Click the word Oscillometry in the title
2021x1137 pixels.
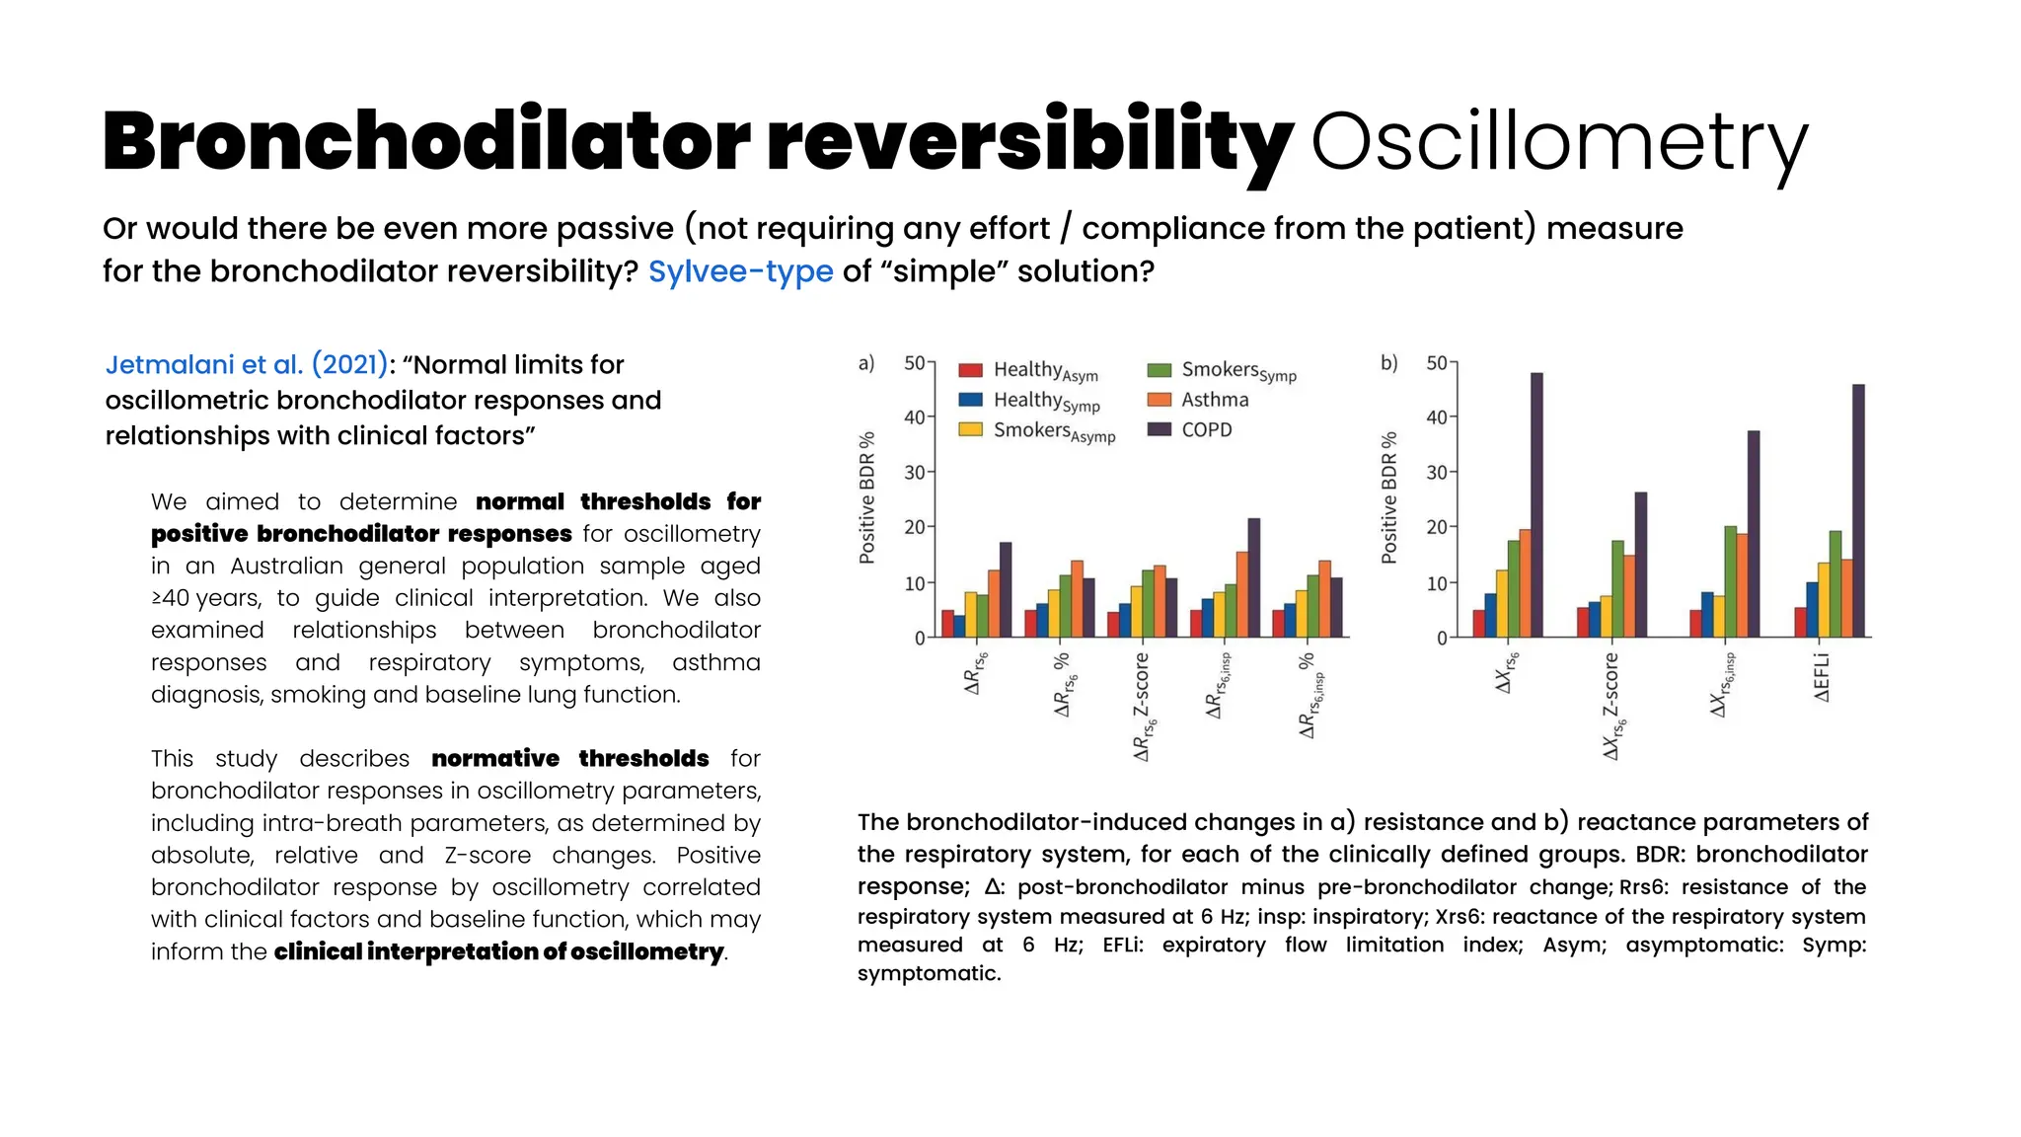1559,143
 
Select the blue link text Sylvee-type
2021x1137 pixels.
740,271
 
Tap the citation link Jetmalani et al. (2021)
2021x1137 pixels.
247,365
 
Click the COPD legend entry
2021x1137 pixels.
1206,430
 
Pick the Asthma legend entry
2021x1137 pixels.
1214,400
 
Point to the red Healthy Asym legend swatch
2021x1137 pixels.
970,370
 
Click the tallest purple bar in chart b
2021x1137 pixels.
1536,503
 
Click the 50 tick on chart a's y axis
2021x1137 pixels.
914,363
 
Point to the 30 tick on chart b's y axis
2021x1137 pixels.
1436,473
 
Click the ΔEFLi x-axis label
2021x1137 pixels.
1822,677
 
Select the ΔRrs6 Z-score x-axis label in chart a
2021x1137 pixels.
1141,706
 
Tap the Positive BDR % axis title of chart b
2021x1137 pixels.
1389,497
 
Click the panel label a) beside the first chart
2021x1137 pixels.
866,363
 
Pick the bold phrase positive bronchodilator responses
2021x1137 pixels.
361,534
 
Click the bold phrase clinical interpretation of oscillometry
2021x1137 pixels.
498,952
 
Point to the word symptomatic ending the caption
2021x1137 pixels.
928,974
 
